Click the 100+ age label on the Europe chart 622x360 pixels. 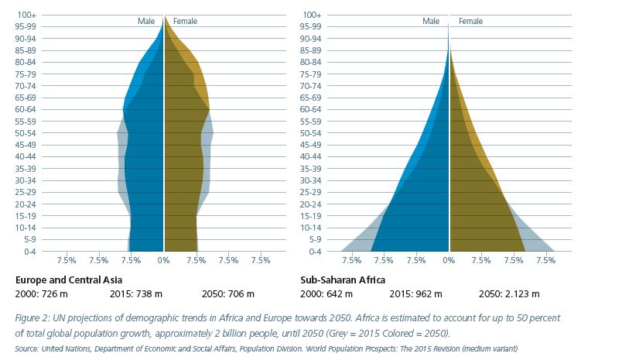click(x=29, y=15)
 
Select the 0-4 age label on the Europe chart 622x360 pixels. click(x=29, y=252)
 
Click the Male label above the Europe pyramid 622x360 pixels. click(x=145, y=21)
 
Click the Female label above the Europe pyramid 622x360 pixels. click(x=185, y=21)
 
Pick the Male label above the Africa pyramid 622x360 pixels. click(x=431, y=21)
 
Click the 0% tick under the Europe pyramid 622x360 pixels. click(x=163, y=261)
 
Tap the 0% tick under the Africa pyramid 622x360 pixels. click(x=449, y=261)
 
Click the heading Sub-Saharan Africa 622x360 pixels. click(x=343, y=279)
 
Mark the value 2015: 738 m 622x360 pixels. click(x=135, y=294)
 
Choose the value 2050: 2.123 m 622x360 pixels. click(x=509, y=294)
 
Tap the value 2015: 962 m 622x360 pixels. click(x=415, y=294)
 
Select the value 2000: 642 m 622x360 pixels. click(x=326, y=294)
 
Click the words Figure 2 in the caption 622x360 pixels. click(x=33, y=318)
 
